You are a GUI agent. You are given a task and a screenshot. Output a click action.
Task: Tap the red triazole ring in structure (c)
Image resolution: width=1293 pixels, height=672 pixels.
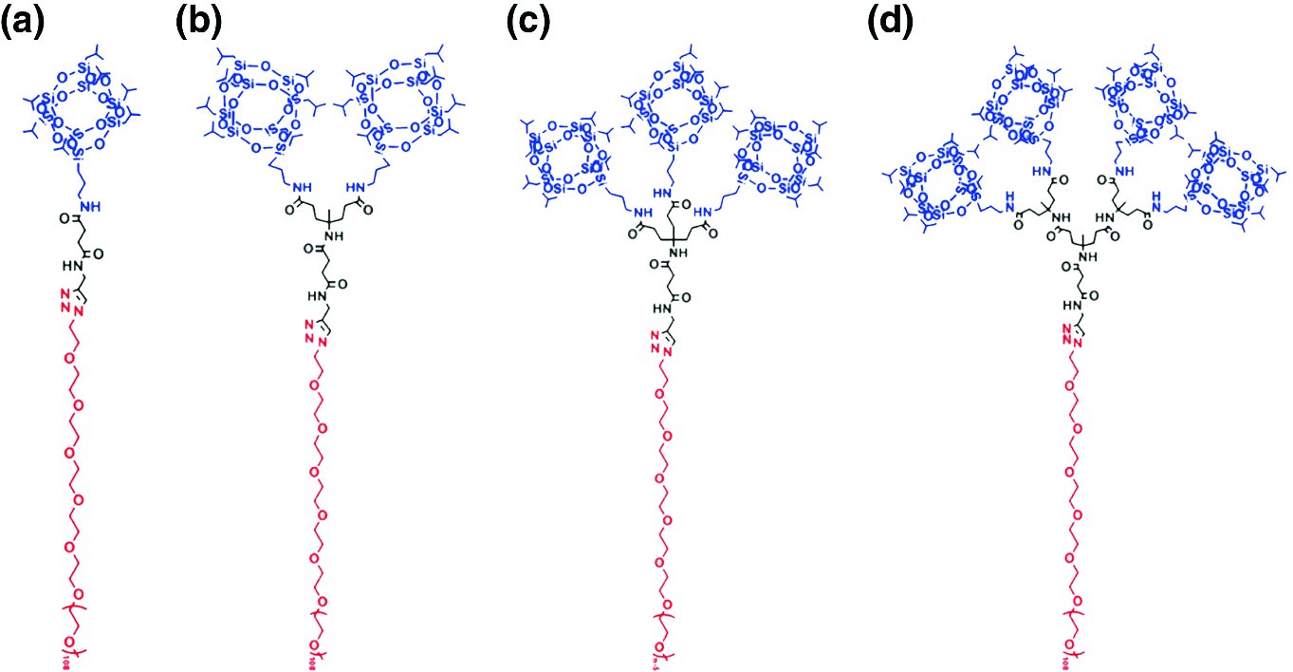pyautogui.click(x=661, y=342)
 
